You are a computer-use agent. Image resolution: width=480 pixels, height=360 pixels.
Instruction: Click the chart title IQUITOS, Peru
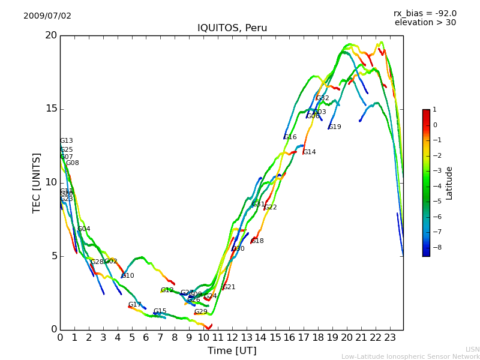[x=232, y=28]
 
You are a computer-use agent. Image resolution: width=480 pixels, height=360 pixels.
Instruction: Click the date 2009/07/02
[x=47, y=16]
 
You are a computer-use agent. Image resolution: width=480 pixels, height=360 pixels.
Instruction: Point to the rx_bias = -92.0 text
[x=425, y=13]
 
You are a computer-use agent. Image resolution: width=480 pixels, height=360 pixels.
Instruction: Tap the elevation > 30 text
[x=425, y=23]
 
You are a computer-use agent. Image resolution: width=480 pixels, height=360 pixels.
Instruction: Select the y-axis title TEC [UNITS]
[x=37, y=182]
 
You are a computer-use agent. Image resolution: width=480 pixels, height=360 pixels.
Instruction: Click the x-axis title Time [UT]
[x=232, y=351]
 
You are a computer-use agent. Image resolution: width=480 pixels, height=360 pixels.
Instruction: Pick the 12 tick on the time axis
[x=232, y=337]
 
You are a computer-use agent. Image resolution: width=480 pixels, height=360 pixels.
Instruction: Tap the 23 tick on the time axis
[x=390, y=337]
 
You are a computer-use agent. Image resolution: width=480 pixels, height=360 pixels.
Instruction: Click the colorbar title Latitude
[x=449, y=183]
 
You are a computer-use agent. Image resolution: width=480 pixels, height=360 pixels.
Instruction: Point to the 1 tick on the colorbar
[x=434, y=110]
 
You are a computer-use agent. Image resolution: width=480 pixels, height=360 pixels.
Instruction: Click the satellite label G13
[x=66, y=141]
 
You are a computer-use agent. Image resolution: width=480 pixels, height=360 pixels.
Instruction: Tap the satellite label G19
[x=335, y=127]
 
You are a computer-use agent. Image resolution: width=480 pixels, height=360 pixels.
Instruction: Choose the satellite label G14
[x=309, y=152]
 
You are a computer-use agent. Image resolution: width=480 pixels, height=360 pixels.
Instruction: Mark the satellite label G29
[x=200, y=312]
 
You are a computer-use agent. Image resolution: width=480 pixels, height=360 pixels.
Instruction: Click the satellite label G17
[x=134, y=305]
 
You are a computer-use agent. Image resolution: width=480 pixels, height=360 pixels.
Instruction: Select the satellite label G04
[x=84, y=229]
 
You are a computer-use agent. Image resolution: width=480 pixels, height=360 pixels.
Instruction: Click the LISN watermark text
[x=473, y=349]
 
